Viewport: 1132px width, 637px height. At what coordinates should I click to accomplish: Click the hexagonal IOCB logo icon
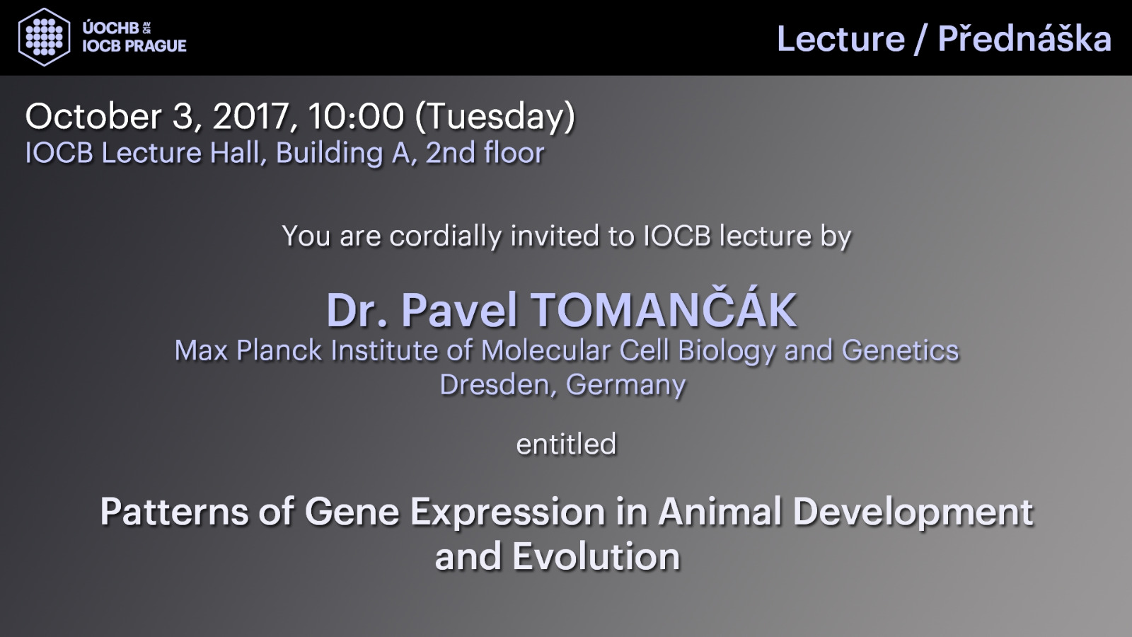(44, 37)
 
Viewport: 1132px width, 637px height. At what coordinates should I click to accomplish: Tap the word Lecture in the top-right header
(841, 39)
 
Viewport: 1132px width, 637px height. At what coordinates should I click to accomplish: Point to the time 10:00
(357, 116)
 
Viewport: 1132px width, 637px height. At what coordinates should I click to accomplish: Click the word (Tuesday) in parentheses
(495, 117)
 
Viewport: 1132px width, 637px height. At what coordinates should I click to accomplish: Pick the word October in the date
(93, 116)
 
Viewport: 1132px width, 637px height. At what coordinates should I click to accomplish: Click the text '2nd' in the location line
(451, 153)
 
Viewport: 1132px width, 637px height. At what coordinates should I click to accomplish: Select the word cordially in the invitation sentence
(446, 236)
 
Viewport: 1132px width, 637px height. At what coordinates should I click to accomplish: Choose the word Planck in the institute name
(279, 350)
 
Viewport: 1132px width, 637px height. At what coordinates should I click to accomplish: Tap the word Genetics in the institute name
(900, 350)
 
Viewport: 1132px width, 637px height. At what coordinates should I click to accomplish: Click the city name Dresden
(495, 385)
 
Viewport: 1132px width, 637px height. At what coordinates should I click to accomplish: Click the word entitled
(566, 444)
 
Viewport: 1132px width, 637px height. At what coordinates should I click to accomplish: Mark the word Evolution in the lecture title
(596, 557)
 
